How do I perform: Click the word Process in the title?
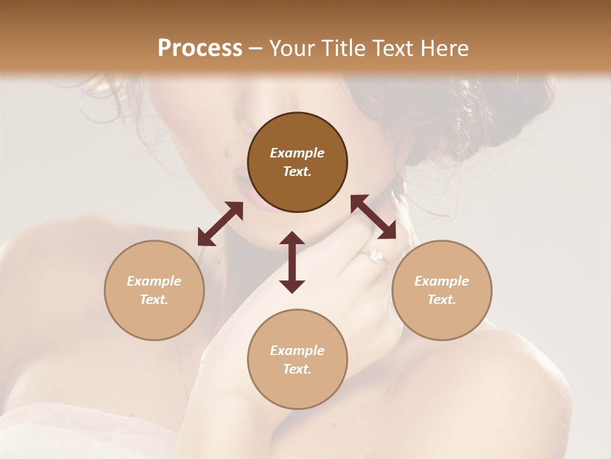200,48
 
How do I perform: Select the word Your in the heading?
291,48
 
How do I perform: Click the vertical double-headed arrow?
292,262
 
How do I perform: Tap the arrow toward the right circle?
373,217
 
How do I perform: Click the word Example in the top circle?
297,153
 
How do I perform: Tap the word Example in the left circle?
154,281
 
